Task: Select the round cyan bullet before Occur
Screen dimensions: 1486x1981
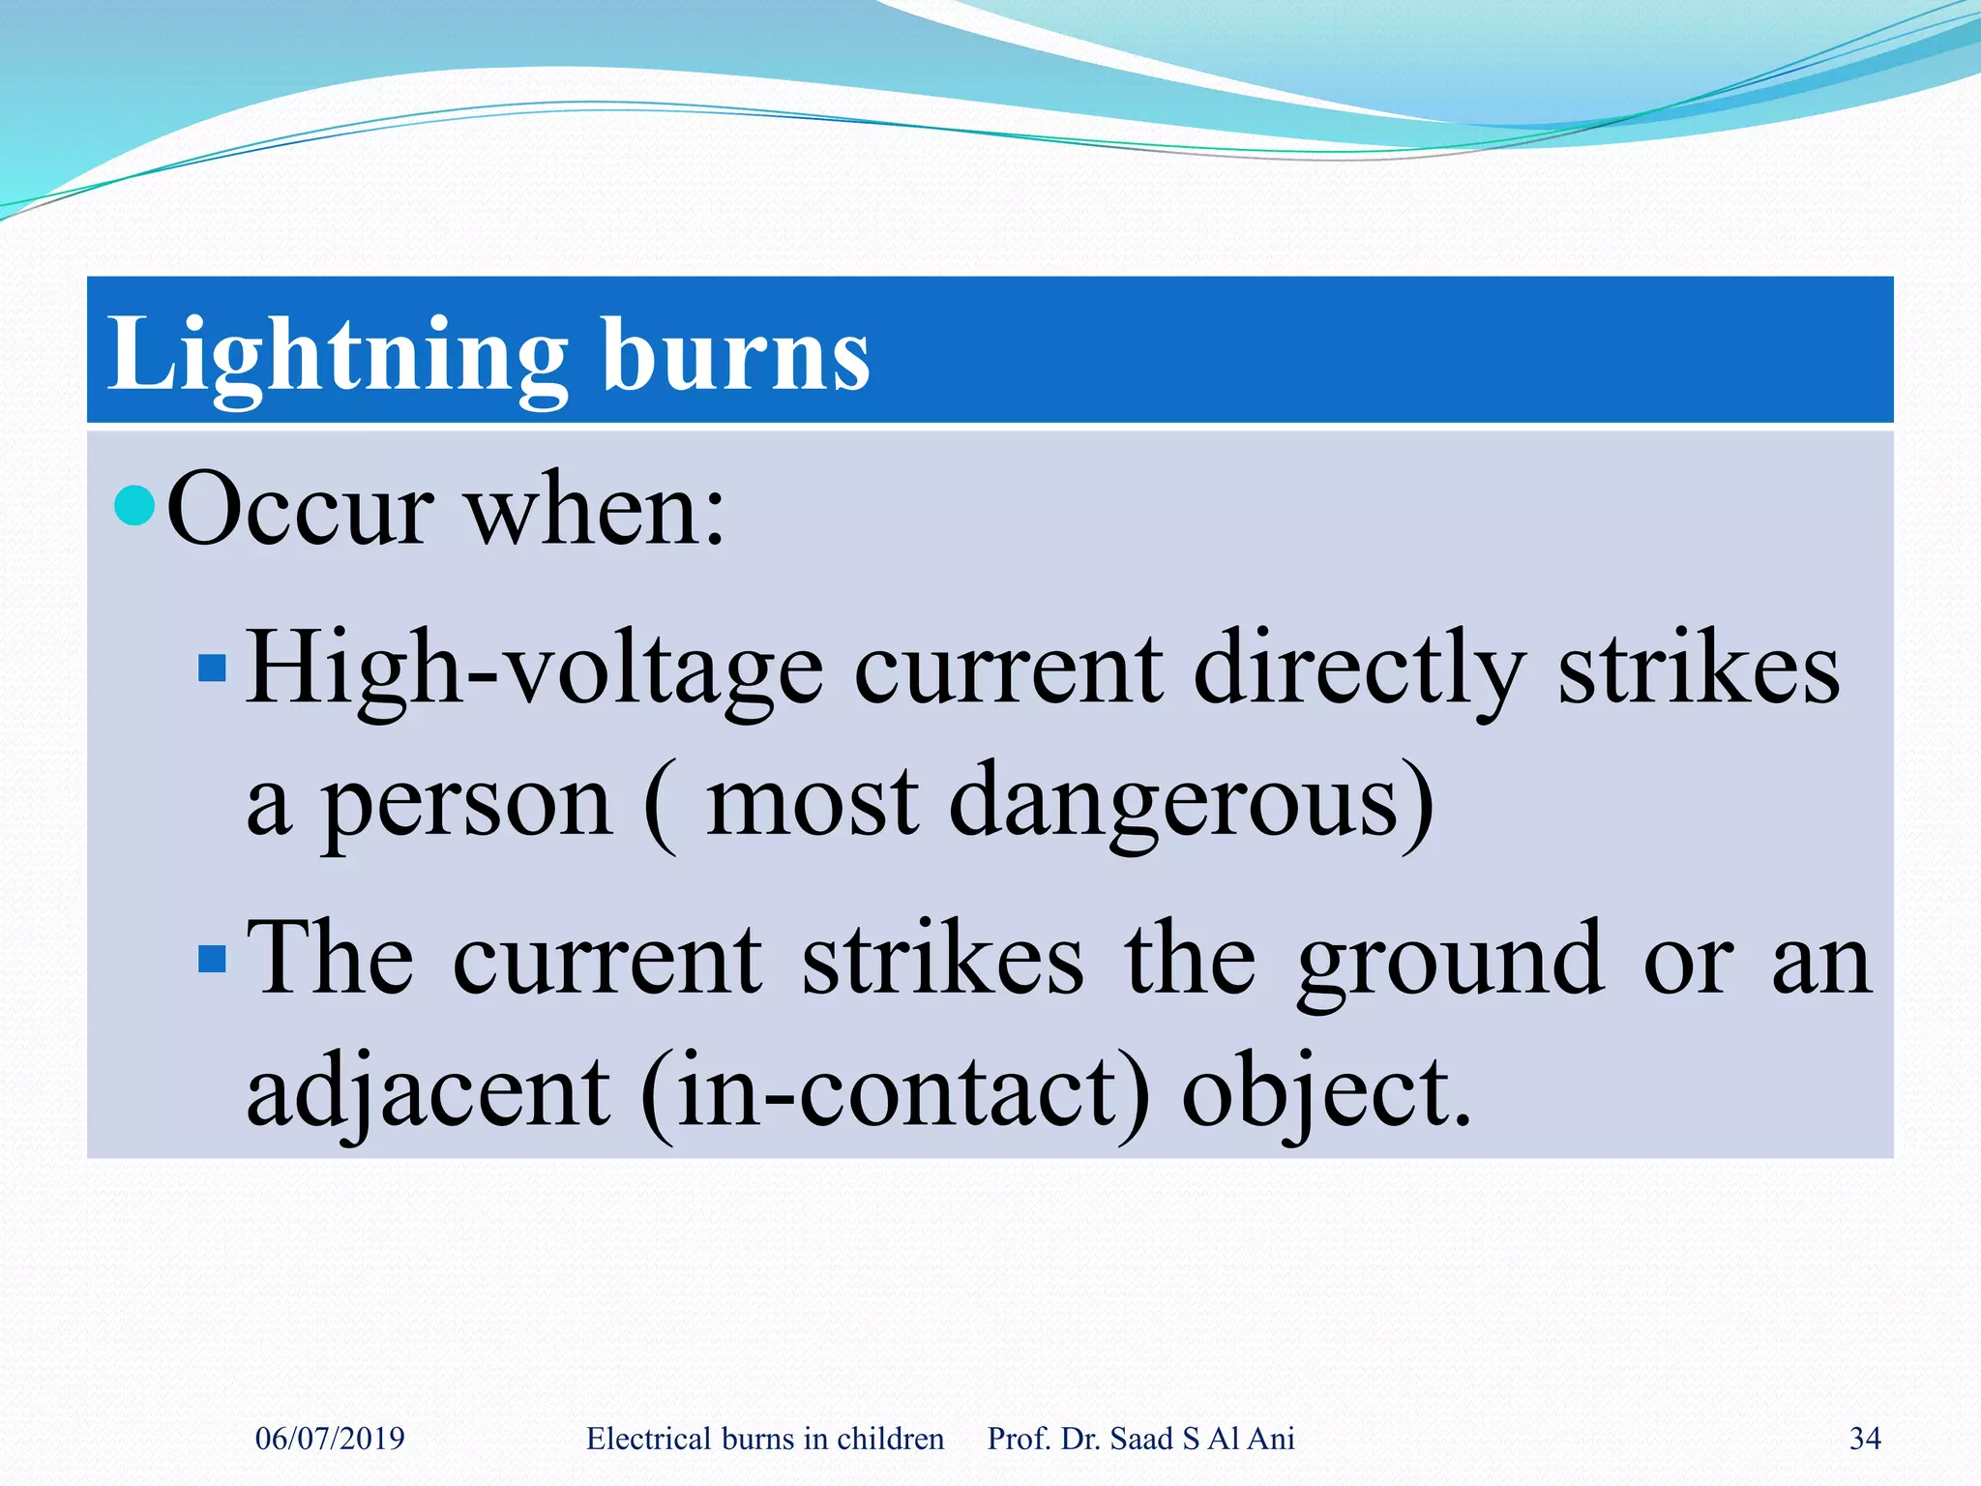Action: pyautogui.click(x=134, y=504)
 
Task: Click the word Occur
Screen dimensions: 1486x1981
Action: pyautogui.click(x=300, y=510)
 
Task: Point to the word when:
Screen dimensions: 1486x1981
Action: pyautogui.click(x=596, y=510)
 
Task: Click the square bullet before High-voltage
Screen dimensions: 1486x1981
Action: pyautogui.click(x=212, y=668)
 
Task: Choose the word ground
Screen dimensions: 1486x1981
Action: pyautogui.click(x=1450, y=960)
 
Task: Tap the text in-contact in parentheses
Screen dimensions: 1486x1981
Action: pyautogui.click(x=895, y=1092)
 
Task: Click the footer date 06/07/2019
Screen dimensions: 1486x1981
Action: pyautogui.click(x=330, y=1439)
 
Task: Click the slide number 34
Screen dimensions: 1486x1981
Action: pyautogui.click(x=1865, y=1439)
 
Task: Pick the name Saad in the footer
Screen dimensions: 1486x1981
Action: pyautogui.click(x=1141, y=1439)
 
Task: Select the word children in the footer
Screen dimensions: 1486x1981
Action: pyautogui.click(x=890, y=1439)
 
